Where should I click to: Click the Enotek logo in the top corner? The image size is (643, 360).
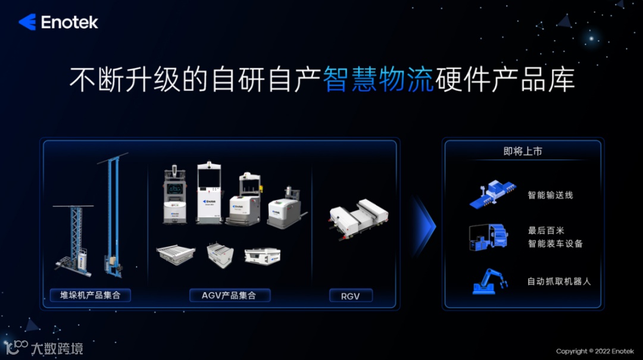(x=58, y=22)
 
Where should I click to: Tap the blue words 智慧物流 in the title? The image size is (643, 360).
(x=378, y=80)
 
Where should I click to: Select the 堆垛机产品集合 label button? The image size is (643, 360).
(x=90, y=295)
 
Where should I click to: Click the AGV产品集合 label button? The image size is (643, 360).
(x=230, y=295)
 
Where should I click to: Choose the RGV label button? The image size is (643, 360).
(x=351, y=296)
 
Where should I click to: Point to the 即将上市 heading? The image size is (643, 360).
(x=523, y=151)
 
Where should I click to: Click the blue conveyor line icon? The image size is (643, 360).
(x=492, y=194)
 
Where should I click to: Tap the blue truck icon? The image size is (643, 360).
(x=488, y=237)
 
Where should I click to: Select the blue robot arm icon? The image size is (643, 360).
(x=491, y=281)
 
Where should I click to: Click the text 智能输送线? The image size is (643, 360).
(x=550, y=195)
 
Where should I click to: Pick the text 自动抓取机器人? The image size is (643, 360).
(x=559, y=281)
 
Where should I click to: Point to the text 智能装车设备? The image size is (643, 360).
(x=555, y=243)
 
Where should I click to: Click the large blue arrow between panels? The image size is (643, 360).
(x=424, y=226)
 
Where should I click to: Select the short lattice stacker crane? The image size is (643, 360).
(x=74, y=240)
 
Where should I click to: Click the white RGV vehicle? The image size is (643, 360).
(x=358, y=219)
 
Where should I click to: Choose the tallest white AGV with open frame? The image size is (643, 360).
(x=209, y=193)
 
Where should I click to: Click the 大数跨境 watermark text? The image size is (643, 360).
(x=57, y=349)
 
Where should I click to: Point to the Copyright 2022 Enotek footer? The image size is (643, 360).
(x=595, y=351)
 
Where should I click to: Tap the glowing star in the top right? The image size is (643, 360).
(x=591, y=39)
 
